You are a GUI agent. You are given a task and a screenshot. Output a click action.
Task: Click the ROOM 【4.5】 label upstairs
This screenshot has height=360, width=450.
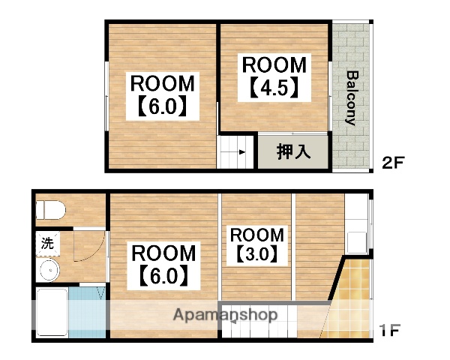pyautogui.click(x=274, y=76)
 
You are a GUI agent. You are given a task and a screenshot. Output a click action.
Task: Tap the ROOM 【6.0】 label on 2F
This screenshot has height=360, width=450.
pyautogui.click(x=163, y=94)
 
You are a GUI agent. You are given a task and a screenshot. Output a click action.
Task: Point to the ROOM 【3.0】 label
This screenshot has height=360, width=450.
pyautogui.click(x=257, y=244)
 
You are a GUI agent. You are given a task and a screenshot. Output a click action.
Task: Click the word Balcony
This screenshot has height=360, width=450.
pyautogui.click(x=351, y=97)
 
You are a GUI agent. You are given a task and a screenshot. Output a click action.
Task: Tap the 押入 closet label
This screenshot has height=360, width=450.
pyautogui.click(x=293, y=151)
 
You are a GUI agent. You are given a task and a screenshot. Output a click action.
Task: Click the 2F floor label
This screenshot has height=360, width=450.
pyautogui.click(x=393, y=162)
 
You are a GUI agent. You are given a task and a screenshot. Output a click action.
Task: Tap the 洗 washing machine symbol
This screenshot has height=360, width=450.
pyautogui.click(x=48, y=243)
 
